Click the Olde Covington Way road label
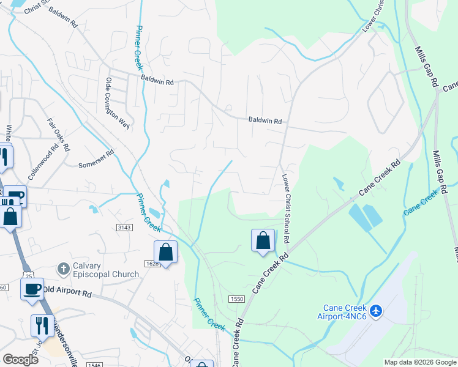click(x=118, y=104)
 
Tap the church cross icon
click(x=62, y=269)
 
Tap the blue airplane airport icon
click(x=375, y=311)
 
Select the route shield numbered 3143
click(x=124, y=227)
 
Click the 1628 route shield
click(x=152, y=264)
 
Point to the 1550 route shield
click(x=237, y=298)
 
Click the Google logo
click(x=20, y=360)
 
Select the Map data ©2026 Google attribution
click(x=419, y=362)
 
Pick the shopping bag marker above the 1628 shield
click(x=165, y=251)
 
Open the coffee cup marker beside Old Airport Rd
click(x=32, y=288)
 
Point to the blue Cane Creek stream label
click(x=421, y=202)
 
